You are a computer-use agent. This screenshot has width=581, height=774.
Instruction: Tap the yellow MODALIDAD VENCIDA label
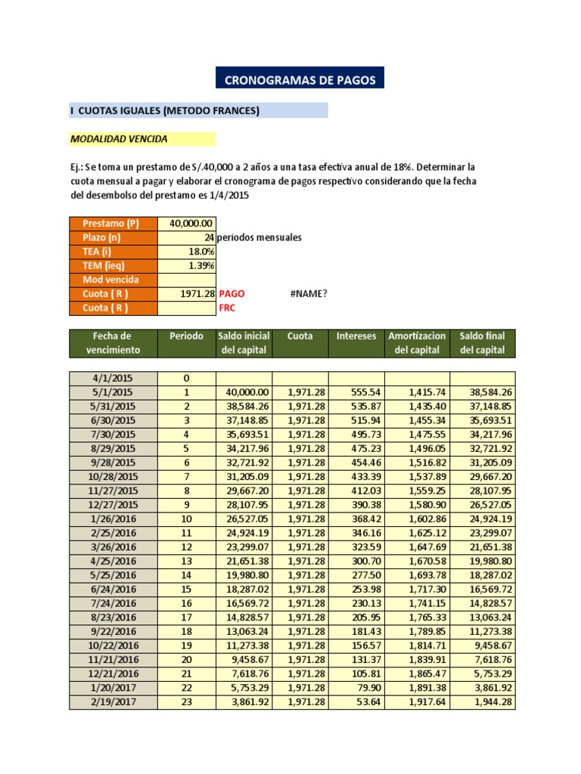coord(120,139)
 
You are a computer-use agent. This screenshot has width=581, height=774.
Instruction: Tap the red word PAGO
coord(232,294)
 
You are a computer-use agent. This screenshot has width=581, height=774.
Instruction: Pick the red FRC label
coord(228,308)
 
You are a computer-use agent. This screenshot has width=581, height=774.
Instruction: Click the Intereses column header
coord(356,336)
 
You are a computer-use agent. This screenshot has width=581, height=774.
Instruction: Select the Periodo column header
coord(186,336)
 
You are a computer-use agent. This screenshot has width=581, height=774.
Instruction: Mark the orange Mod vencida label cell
coord(113,280)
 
